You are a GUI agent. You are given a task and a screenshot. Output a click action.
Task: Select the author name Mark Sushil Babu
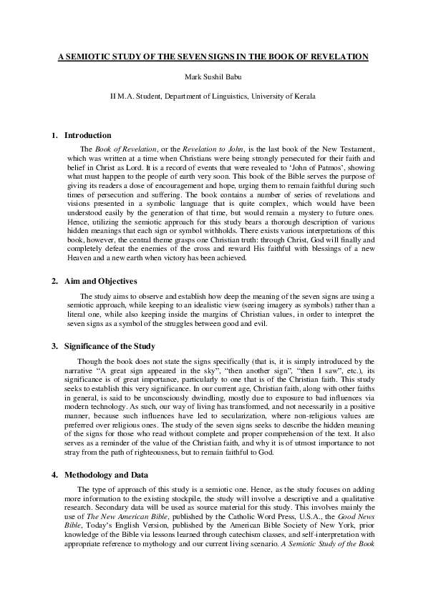[213, 77]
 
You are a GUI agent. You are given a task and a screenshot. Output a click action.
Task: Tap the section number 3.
[54, 346]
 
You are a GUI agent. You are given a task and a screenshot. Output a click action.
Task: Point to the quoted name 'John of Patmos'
[312, 166]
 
